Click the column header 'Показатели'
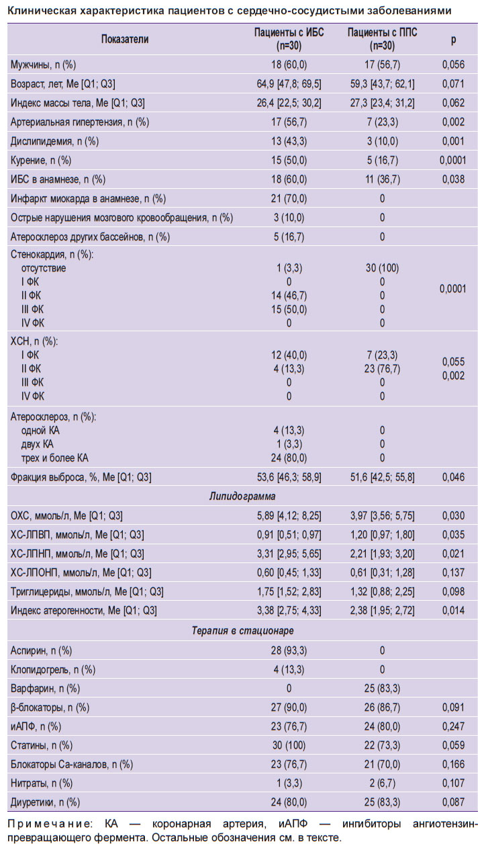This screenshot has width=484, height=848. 124,40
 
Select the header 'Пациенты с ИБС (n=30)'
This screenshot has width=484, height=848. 289,39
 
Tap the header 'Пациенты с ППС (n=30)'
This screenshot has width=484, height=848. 382,39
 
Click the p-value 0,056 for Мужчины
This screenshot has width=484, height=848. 453,65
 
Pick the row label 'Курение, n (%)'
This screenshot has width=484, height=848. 41,161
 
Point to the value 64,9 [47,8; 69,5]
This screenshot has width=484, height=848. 289,84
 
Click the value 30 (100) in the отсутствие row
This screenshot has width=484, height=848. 382,268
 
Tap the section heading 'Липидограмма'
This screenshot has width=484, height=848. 242,497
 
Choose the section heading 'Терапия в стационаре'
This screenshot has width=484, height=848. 242,631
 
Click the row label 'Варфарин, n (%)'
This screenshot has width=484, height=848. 45,688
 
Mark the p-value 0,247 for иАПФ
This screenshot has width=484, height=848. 453,726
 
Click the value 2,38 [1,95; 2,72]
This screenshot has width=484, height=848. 382,610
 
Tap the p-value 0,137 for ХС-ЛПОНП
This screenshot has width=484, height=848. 453,573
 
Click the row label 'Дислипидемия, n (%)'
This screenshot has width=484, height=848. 54,141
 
